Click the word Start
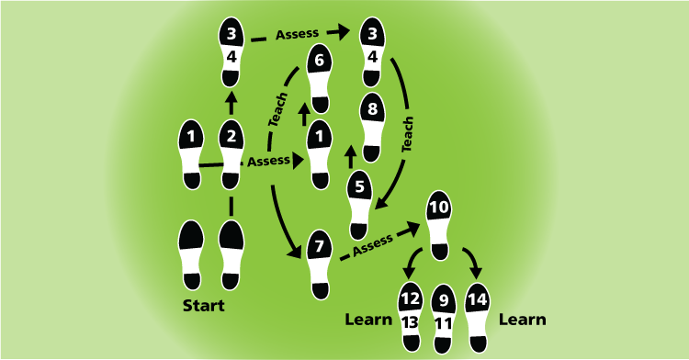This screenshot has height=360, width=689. click(x=204, y=306)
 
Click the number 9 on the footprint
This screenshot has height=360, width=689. click(x=444, y=299)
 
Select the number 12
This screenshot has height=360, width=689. click(x=410, y=298)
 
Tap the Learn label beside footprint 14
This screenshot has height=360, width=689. click(x=522, y=320)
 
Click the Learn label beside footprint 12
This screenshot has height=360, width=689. click(x=369, y=320)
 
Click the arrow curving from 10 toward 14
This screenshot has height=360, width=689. click(x=474, y=265)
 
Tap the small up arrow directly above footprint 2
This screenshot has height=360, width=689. click(x=231, y=97)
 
